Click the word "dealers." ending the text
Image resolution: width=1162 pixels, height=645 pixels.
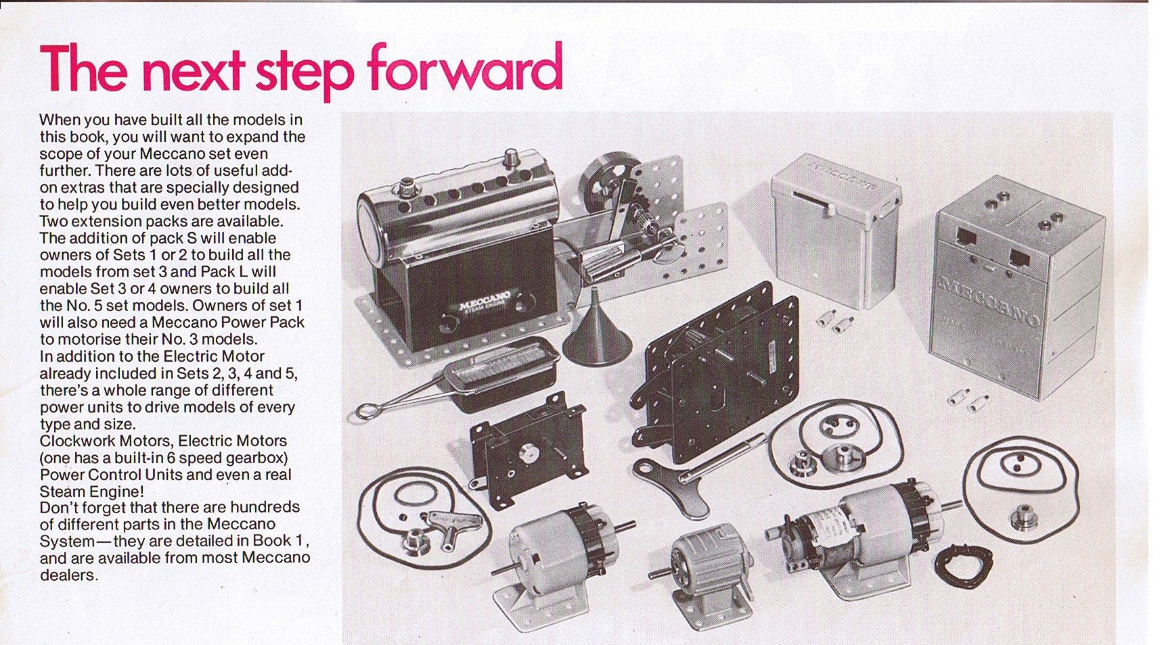[69, 575]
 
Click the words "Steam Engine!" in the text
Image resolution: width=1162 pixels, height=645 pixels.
[91, 492]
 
